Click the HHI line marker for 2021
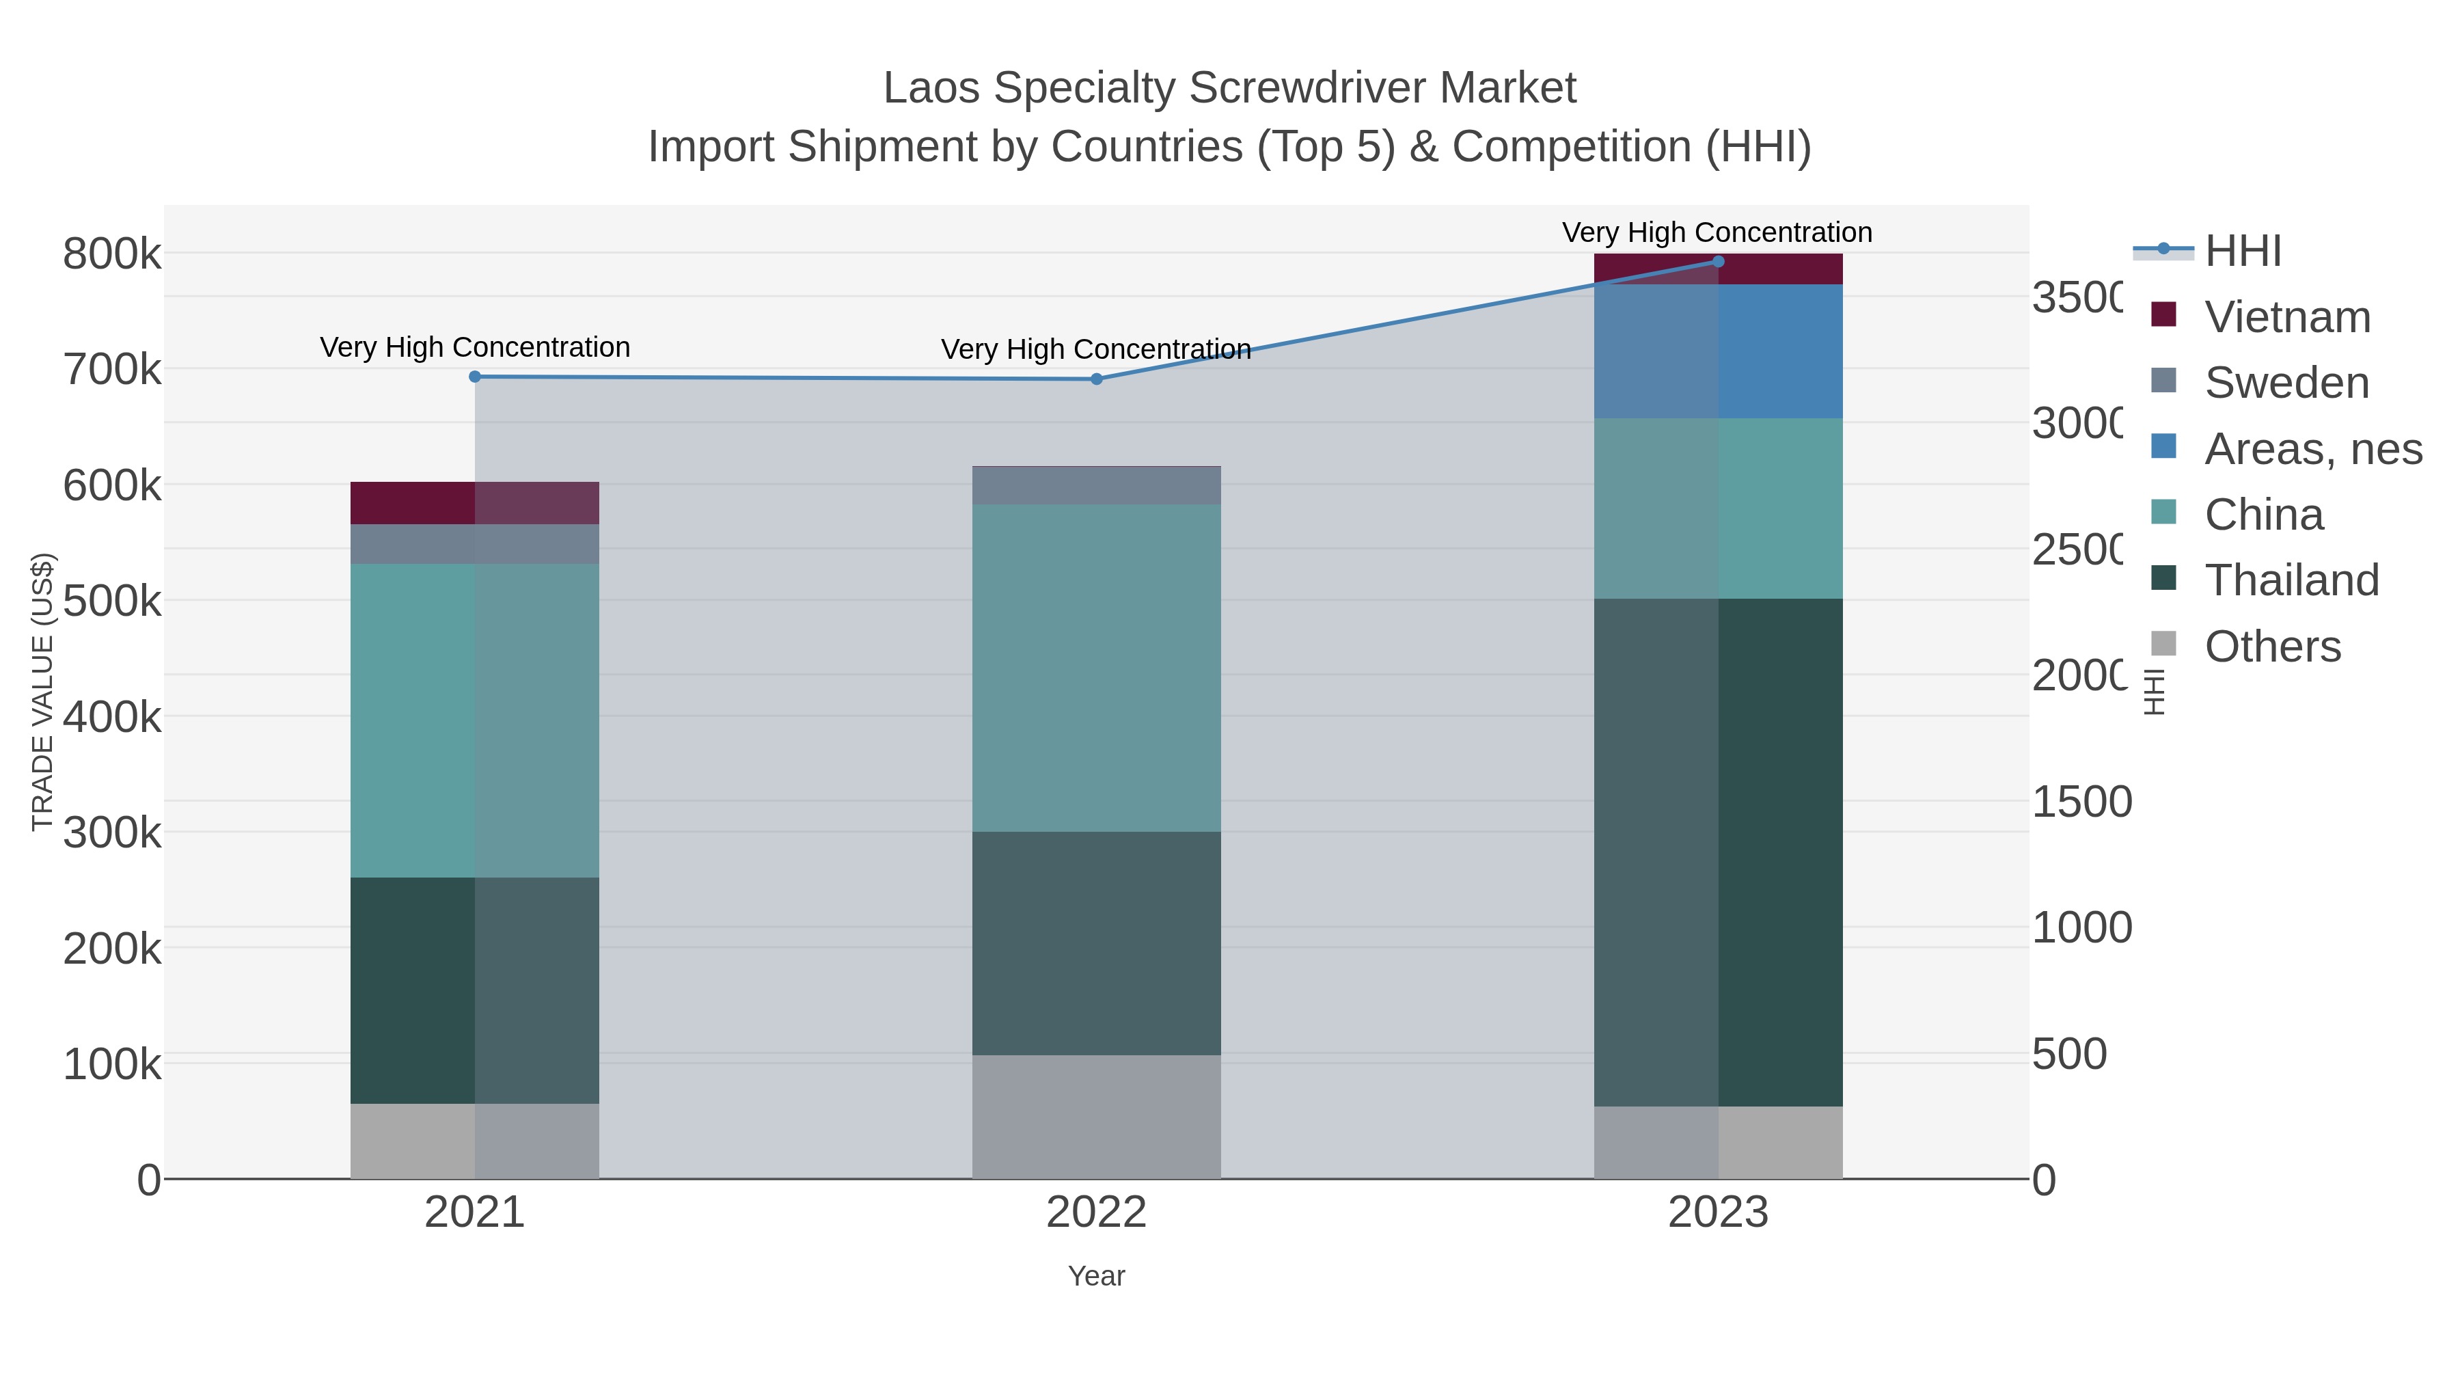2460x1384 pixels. coord(475,377)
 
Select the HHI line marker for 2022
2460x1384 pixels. coord(1096,379)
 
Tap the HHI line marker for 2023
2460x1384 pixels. coord(1718,262)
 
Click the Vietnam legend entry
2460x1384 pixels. coord(2287,317)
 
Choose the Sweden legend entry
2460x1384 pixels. coord(2286,383)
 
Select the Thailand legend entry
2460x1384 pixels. coord(2291,581)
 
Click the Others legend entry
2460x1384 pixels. coord(2272,647)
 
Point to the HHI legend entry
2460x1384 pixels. coord(2242,252)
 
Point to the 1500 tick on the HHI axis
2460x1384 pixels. coord(2081,802)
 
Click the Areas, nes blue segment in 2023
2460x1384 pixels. coord(1718,351)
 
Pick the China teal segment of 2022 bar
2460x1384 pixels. coord(1096,668)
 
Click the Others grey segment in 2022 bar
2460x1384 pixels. coord(1096,1117)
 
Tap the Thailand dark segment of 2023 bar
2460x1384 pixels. coord(1718,852)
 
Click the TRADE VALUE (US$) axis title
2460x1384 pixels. coord(43,692)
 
